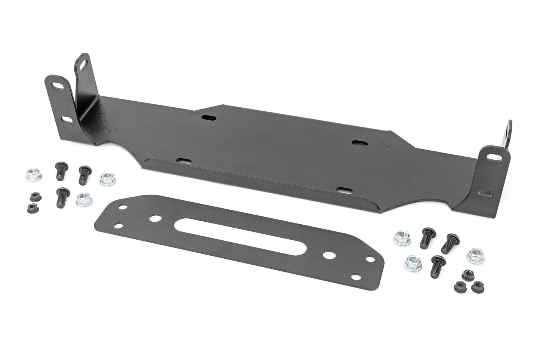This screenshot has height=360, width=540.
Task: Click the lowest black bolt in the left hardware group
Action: [62, 197]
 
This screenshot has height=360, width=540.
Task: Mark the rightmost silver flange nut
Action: [475, 255]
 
